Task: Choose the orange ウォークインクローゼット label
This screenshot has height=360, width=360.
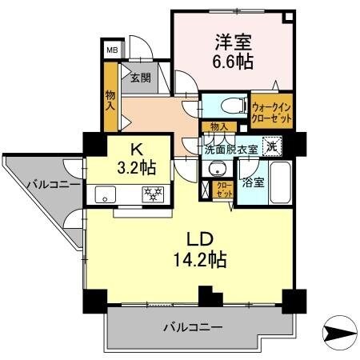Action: [271, 110]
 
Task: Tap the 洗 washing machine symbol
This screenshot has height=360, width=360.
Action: [273, 146]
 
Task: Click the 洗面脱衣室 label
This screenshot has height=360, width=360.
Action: [231, 149]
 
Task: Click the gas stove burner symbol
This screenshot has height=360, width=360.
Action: [152, 194]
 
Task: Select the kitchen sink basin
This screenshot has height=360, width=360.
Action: [105, 194]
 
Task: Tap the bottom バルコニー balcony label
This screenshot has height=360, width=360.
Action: [194, 327]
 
